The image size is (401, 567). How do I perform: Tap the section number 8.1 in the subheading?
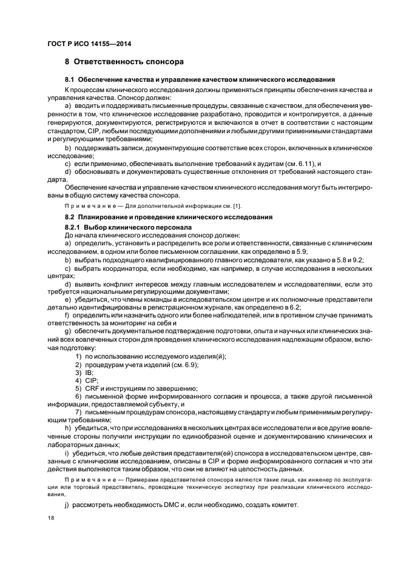tap(69, 80)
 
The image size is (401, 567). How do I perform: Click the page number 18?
tap(50, 519)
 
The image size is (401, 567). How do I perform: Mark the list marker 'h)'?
tap(68, 428)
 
